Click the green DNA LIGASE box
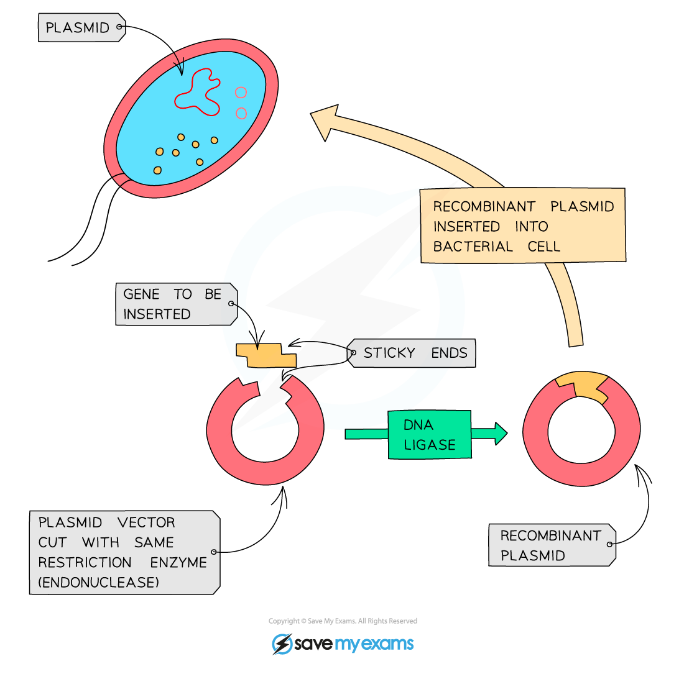pyautogui.click(x=430, y=435)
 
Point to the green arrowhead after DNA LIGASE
pyautogui.click(x=500, y=433)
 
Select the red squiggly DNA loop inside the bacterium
pyautogui.click(x=198, y=93)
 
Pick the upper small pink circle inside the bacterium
pyautogui.click(x=241, y=93)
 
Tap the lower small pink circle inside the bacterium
pyautogui.click(x=241, y=113)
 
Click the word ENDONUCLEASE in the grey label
pyautogui.click(x=98, y=582)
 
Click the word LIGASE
pyautogui.click(x=430, y=445)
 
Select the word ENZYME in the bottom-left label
pyautogui.click(x=178, y=562)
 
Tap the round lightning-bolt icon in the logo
pyautogui.click(x=282, y=644)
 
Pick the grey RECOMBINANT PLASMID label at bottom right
pyautogui.click(x=551, y=545)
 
